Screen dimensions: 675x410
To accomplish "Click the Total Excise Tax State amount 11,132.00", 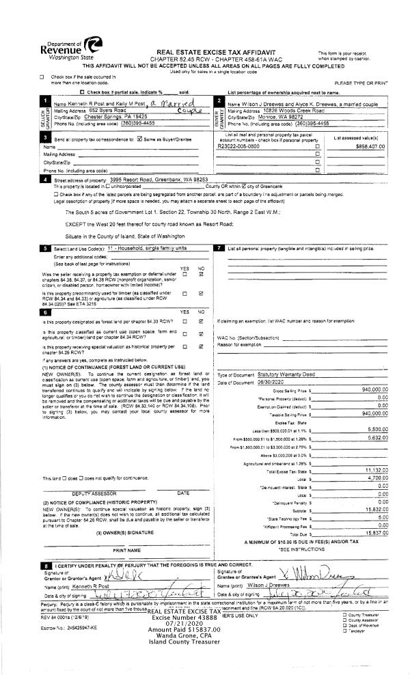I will (x=376, y=471).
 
